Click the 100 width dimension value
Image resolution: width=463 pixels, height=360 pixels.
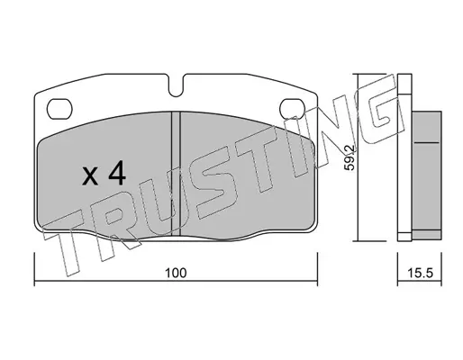(x=176, y=273)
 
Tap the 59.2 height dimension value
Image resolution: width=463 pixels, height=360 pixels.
(x=350, y=157)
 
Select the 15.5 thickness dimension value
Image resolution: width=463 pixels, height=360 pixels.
(x=420, y=273)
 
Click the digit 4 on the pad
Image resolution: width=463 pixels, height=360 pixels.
(x=116, y=173)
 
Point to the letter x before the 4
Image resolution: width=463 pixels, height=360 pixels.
(x=90, y=176)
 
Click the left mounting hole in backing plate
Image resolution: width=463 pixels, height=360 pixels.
(x=59, y=108)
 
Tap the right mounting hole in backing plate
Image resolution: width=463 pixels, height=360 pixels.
(x=293, y=108)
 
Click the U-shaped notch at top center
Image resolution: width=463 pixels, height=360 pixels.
(x=176, y=87)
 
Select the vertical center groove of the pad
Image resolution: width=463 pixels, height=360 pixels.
(x=176, y=174)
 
